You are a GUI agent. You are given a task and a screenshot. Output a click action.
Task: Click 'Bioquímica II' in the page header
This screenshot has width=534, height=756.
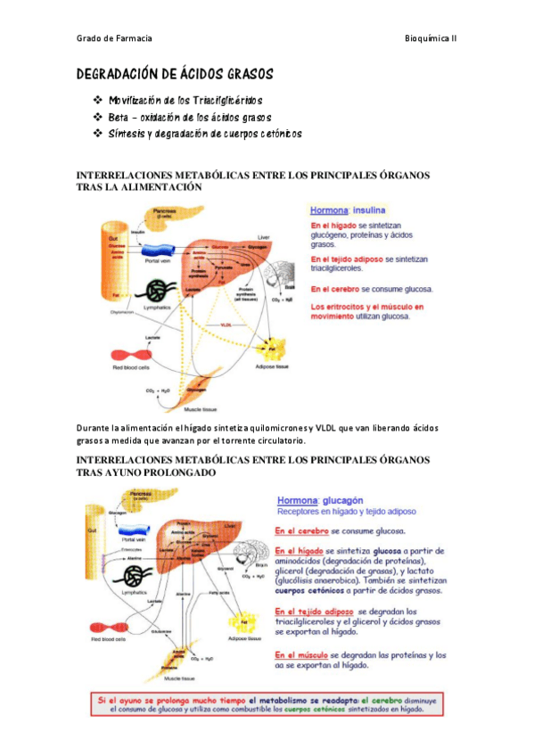pyautogui.click(x=431, y=38)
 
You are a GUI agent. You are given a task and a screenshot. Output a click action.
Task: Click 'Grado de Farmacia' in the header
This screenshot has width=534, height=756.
pyautogui.click(x=114, y=38)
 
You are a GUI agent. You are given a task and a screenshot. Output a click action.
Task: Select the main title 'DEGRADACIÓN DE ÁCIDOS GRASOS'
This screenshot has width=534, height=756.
pyautogui.click(x=175, y=74)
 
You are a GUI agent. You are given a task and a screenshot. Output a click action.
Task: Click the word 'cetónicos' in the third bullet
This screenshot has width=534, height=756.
pyautogui.click(x=275, y=134)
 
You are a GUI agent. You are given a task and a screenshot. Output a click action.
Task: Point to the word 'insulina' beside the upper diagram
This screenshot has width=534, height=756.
pyautogui.click(x=368, y=211)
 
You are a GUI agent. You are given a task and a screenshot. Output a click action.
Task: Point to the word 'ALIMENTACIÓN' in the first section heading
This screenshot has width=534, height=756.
pyautogui.click(x=152, y=188)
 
